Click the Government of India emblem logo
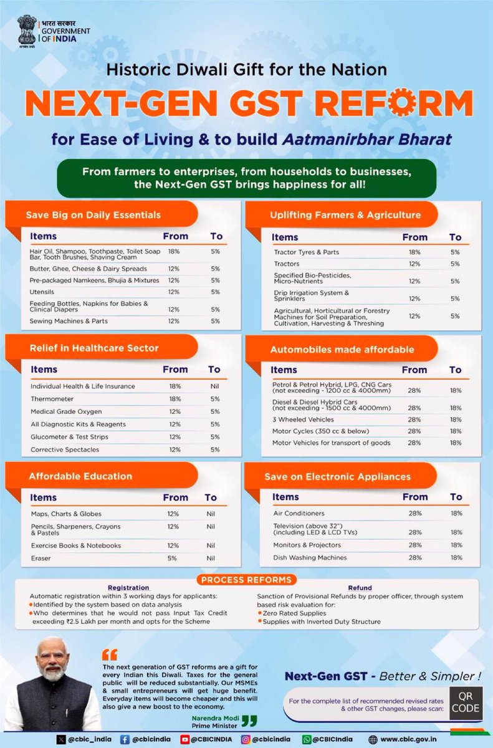coord(27,31)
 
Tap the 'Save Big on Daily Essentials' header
coord(93,215)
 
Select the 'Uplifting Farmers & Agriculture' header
coord(345,215)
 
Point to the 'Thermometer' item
coord(52,399)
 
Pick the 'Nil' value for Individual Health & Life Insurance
coord(214,386)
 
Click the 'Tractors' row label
coord(287,264)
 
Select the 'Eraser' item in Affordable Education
coord(41,559)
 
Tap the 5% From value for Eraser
coord(173,559)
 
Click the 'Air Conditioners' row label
coord(299,514)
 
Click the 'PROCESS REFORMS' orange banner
coord(246,580)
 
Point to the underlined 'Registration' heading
coord(128,588)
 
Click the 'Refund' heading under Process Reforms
coord(360,588)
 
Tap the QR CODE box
coord(466,702)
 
